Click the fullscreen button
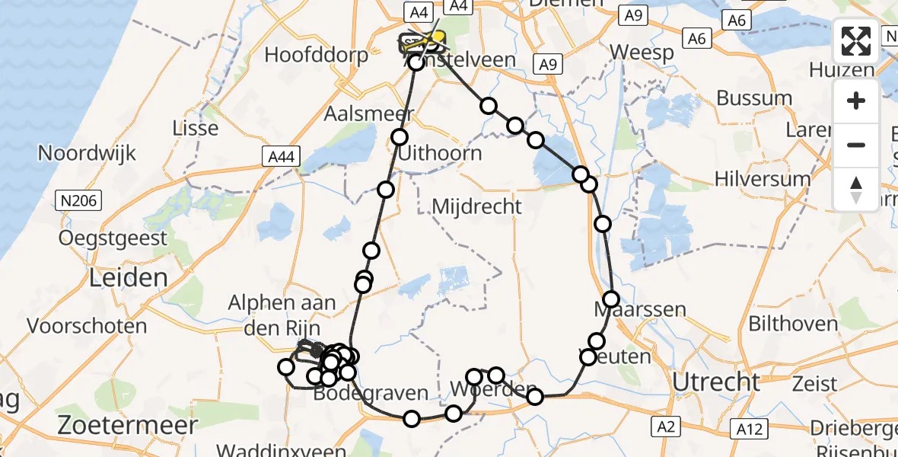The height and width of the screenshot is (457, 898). point(856,41)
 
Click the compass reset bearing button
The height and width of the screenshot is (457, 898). point(856,190)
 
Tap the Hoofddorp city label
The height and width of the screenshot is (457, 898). point(316,55)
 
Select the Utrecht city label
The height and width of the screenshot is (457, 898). point(716,382)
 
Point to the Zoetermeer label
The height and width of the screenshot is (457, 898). point(128,423)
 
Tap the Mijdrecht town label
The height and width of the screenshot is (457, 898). point(476,206)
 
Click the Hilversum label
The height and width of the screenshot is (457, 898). point(763,178)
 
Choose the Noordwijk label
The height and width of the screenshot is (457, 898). point(87,153)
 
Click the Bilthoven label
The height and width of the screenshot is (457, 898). point(793,324)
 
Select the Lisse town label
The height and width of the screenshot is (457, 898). point(196,127)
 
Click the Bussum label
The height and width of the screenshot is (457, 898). point(754,98)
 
